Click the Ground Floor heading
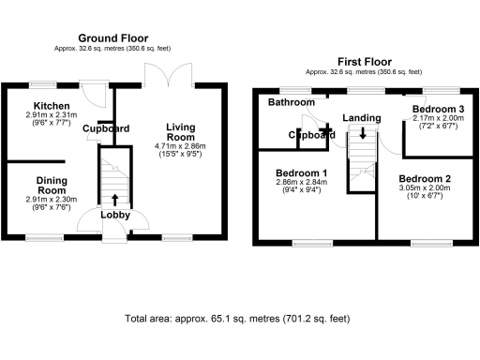click(113, 38)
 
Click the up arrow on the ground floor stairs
click(115, 198)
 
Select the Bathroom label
click(290, 101)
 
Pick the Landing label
click(362, 117)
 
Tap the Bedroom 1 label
click(301, 173)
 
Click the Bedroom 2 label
click(426, 178)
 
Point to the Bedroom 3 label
click(436, 110)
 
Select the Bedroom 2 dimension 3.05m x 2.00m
click(426, 191)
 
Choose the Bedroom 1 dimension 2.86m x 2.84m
click(301, 186)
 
